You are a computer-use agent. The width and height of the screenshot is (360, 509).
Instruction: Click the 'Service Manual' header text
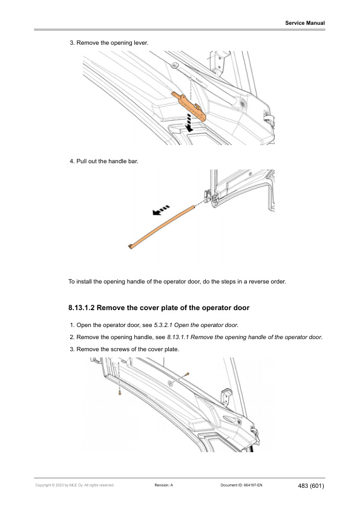point(305,23)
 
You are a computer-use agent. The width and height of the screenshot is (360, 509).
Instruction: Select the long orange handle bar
point(162,226)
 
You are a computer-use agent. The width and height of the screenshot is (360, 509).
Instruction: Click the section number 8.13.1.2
point(85,308)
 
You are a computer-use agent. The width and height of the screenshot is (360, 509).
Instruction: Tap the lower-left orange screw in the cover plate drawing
point(120,393)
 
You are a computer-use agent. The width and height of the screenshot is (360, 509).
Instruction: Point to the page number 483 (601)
point(311,485)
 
